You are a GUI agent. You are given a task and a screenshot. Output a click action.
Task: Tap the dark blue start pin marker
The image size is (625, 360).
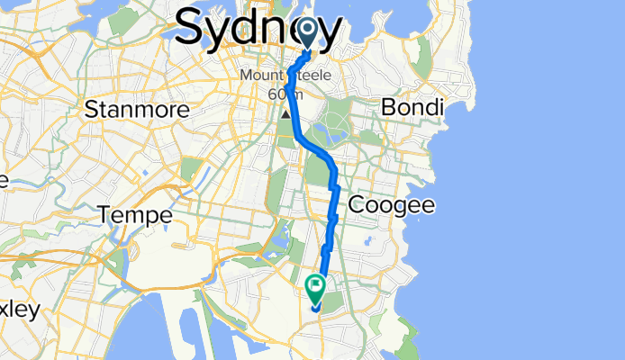[308, 33]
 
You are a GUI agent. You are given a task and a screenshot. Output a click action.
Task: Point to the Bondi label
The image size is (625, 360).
[412, 108]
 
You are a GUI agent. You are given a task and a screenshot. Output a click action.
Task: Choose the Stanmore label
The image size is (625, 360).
[136, 110]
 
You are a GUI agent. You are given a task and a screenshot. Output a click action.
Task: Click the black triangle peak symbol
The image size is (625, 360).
[287, 114]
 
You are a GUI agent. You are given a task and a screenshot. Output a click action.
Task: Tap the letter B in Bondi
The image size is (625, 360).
[387, 108]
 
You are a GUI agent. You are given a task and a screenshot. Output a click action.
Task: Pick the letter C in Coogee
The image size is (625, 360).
[356, 205]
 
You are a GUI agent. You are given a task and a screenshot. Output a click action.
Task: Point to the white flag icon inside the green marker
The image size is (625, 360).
[316, 289]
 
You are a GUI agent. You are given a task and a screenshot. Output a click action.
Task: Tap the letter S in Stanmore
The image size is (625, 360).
[90, 110]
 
